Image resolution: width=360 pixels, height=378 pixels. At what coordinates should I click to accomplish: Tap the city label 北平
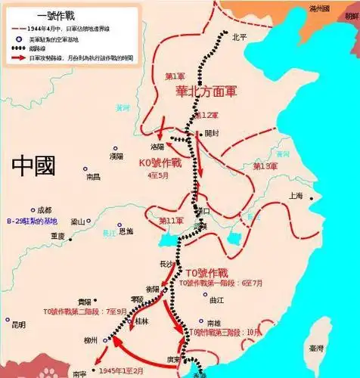(239, 36)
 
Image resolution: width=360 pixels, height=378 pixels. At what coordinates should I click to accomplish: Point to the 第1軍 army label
(175, 76)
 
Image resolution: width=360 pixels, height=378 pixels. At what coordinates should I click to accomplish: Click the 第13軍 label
(264, 166)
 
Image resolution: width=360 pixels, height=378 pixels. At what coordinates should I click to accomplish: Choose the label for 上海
(295, 196)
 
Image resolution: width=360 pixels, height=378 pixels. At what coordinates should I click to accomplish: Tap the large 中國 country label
(33, 165)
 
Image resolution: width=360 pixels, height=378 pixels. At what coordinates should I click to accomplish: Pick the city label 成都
(44, 209)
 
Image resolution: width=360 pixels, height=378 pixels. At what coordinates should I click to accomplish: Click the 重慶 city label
(57, 236)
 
